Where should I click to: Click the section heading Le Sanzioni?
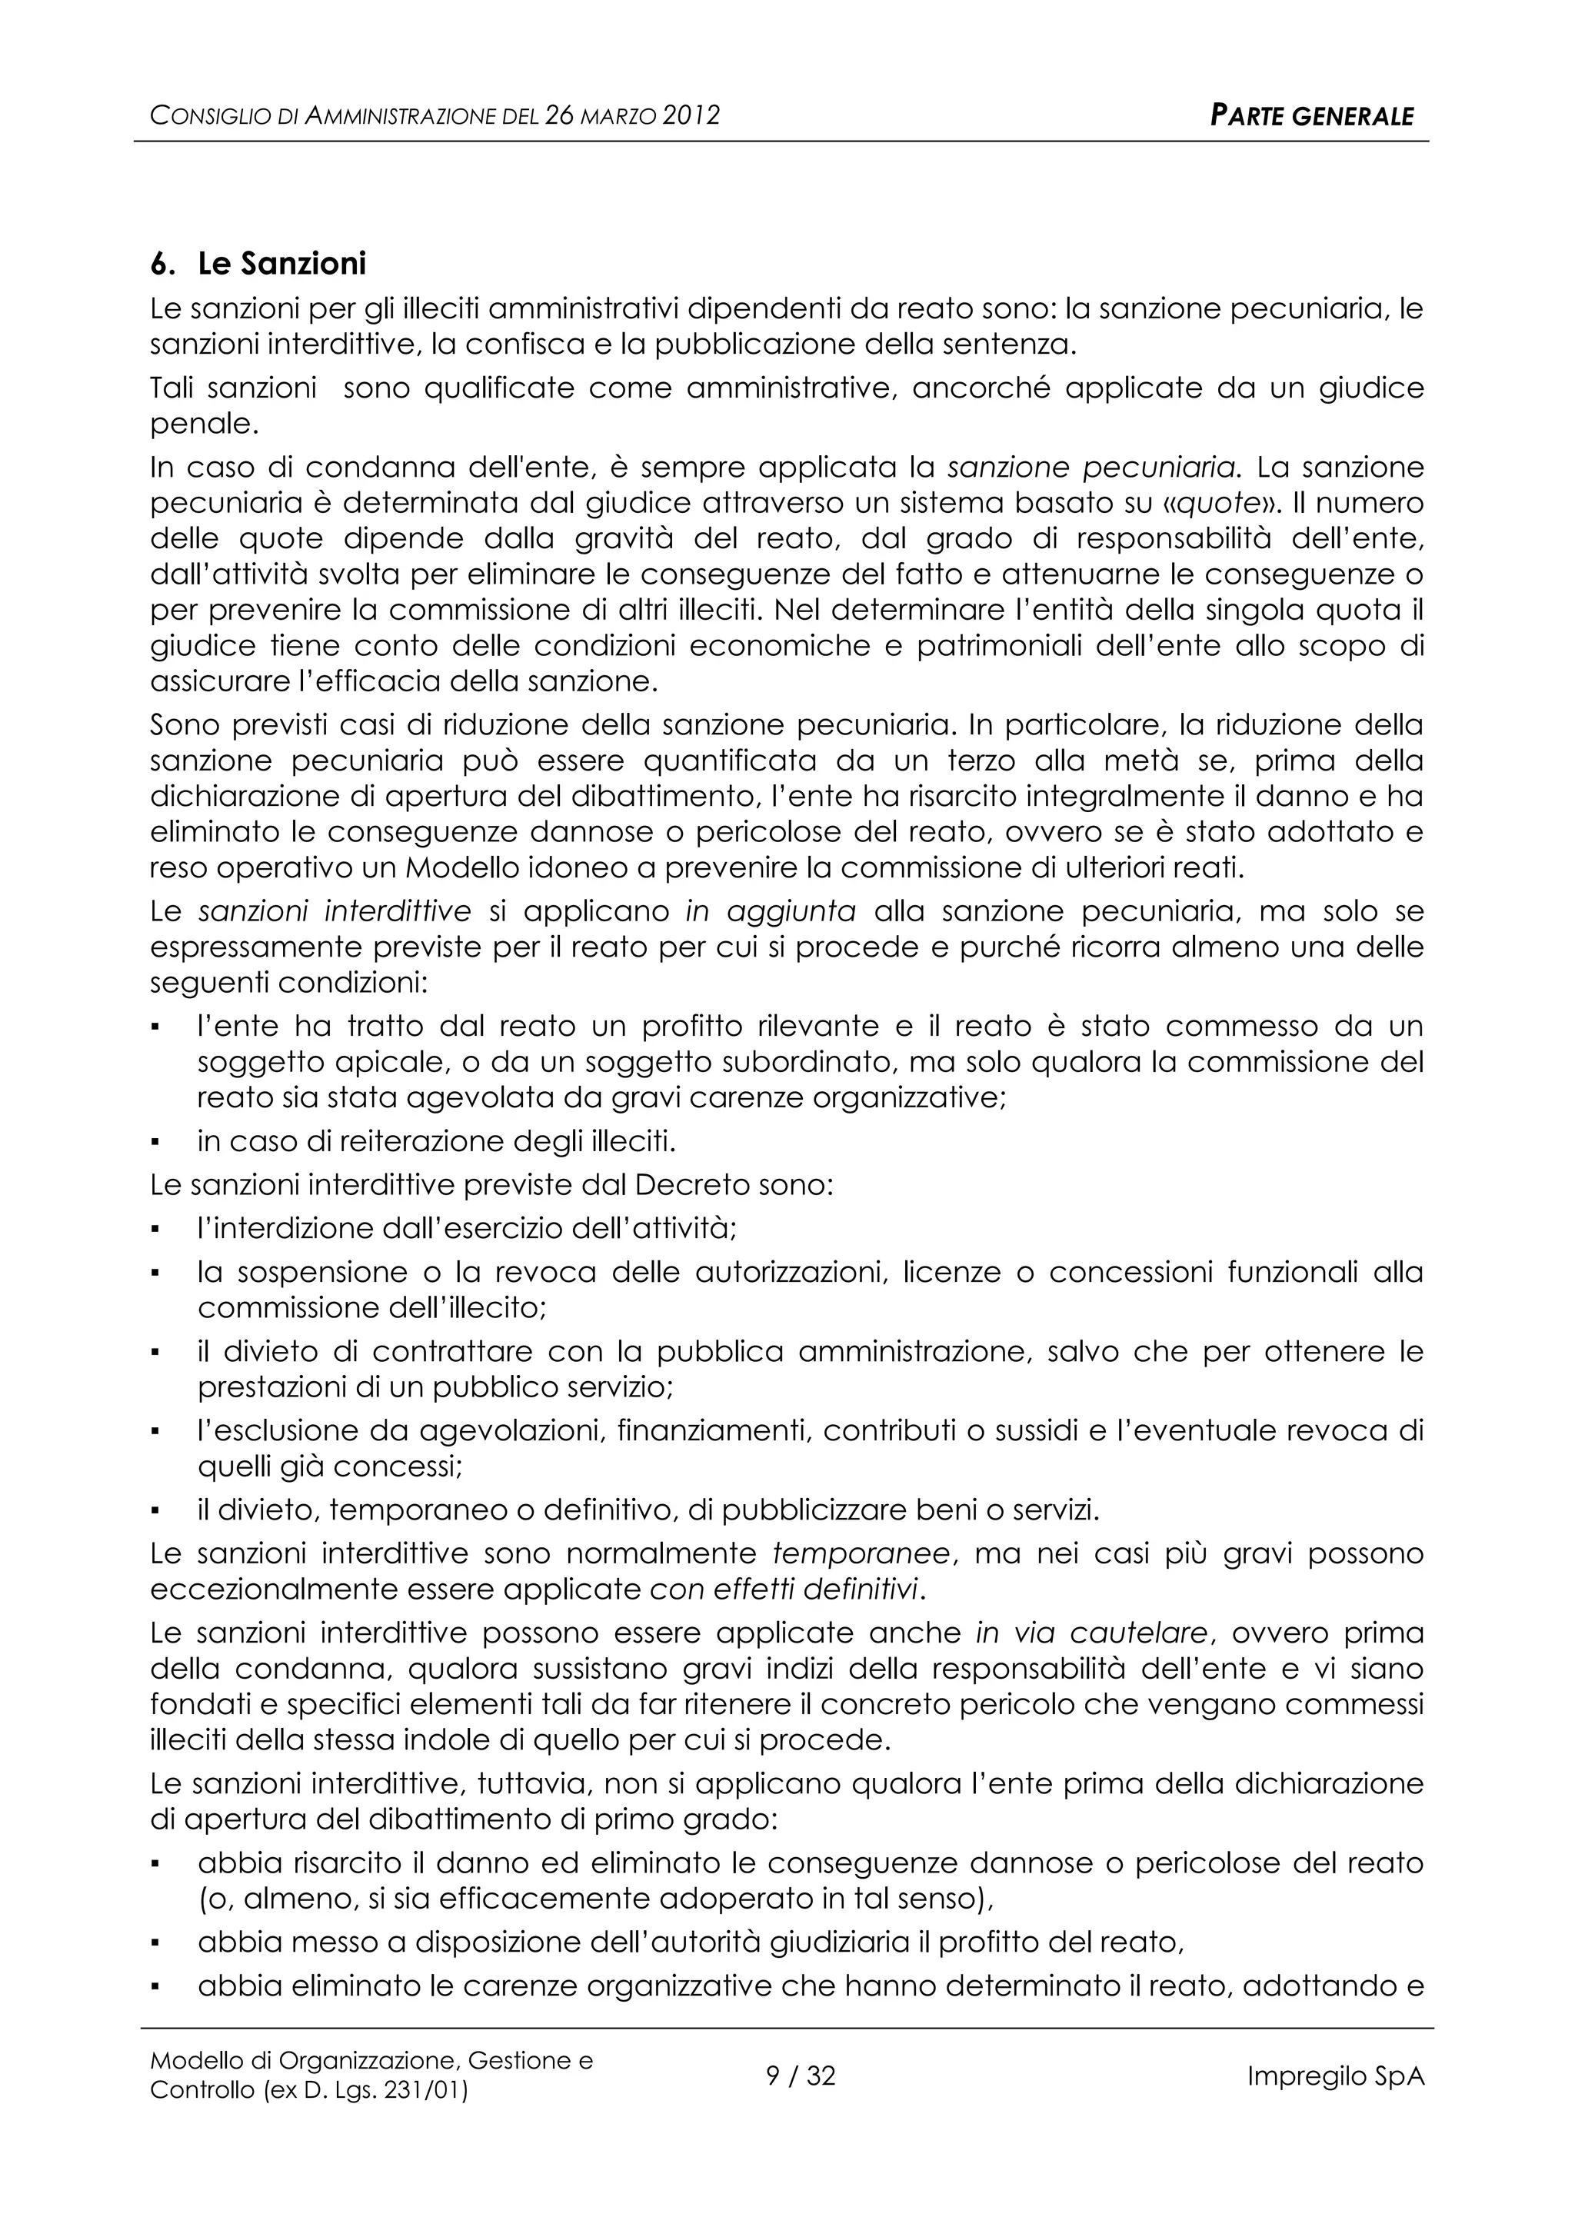point(281,264)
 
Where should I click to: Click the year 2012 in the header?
point(691,116)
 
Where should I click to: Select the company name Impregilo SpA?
point(1336,2076)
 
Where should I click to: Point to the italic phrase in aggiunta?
point(770,912)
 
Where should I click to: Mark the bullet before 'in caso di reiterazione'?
point(156,1142)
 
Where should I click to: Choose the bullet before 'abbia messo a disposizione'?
point(156,1942)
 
